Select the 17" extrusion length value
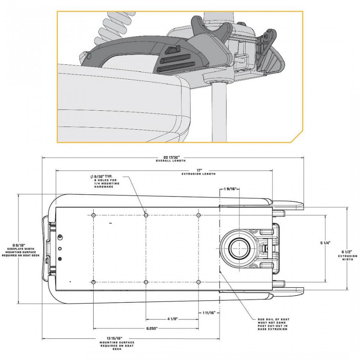click(x=199, y=170)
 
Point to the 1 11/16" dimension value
click(x=209, y=313)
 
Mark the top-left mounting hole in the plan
click(x=93, y=215)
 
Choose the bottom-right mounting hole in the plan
click(x=199, y=282)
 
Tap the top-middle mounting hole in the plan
click(x=146, y=215)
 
